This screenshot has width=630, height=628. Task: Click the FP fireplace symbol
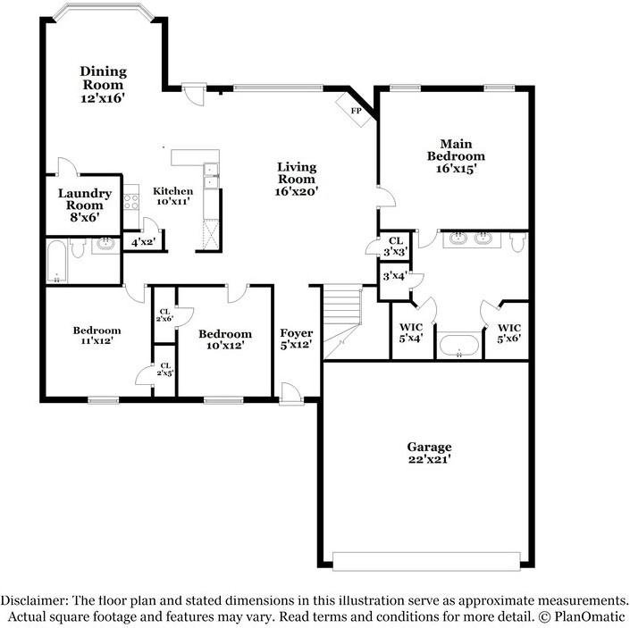pyautogui.click(x=354, y=110)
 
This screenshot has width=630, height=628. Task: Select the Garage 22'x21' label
pyautogui.click(x=429, y=453)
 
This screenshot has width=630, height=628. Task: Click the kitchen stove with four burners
pyautogui.click(x=131, y=202)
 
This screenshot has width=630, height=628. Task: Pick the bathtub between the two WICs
pyautogui.click(x=459, y=345)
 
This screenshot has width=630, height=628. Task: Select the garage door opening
pyautogui.click(x=426, y=561)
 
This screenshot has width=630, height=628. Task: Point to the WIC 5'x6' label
pyautogui.click(x=509, y=333)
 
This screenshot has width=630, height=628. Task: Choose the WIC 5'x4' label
pyautogui.click(x=411, y=333)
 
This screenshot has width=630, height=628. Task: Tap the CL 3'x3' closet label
pyautogui.click(x=396, y=247)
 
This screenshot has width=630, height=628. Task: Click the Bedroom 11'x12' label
pyautogui.click(x=97, y=335)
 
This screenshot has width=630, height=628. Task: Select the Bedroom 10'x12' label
pyautogui.click(x=225, y=339)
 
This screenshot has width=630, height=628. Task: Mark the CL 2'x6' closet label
pyautogui.click(x=164, y=315)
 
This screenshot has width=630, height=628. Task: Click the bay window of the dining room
pyautogui.click(x=104, y=12)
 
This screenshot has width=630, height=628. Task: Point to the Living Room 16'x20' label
pyautogui.click(x=297, y=179)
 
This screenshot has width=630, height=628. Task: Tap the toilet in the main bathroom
pyautogui.click(x=517, y=242)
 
